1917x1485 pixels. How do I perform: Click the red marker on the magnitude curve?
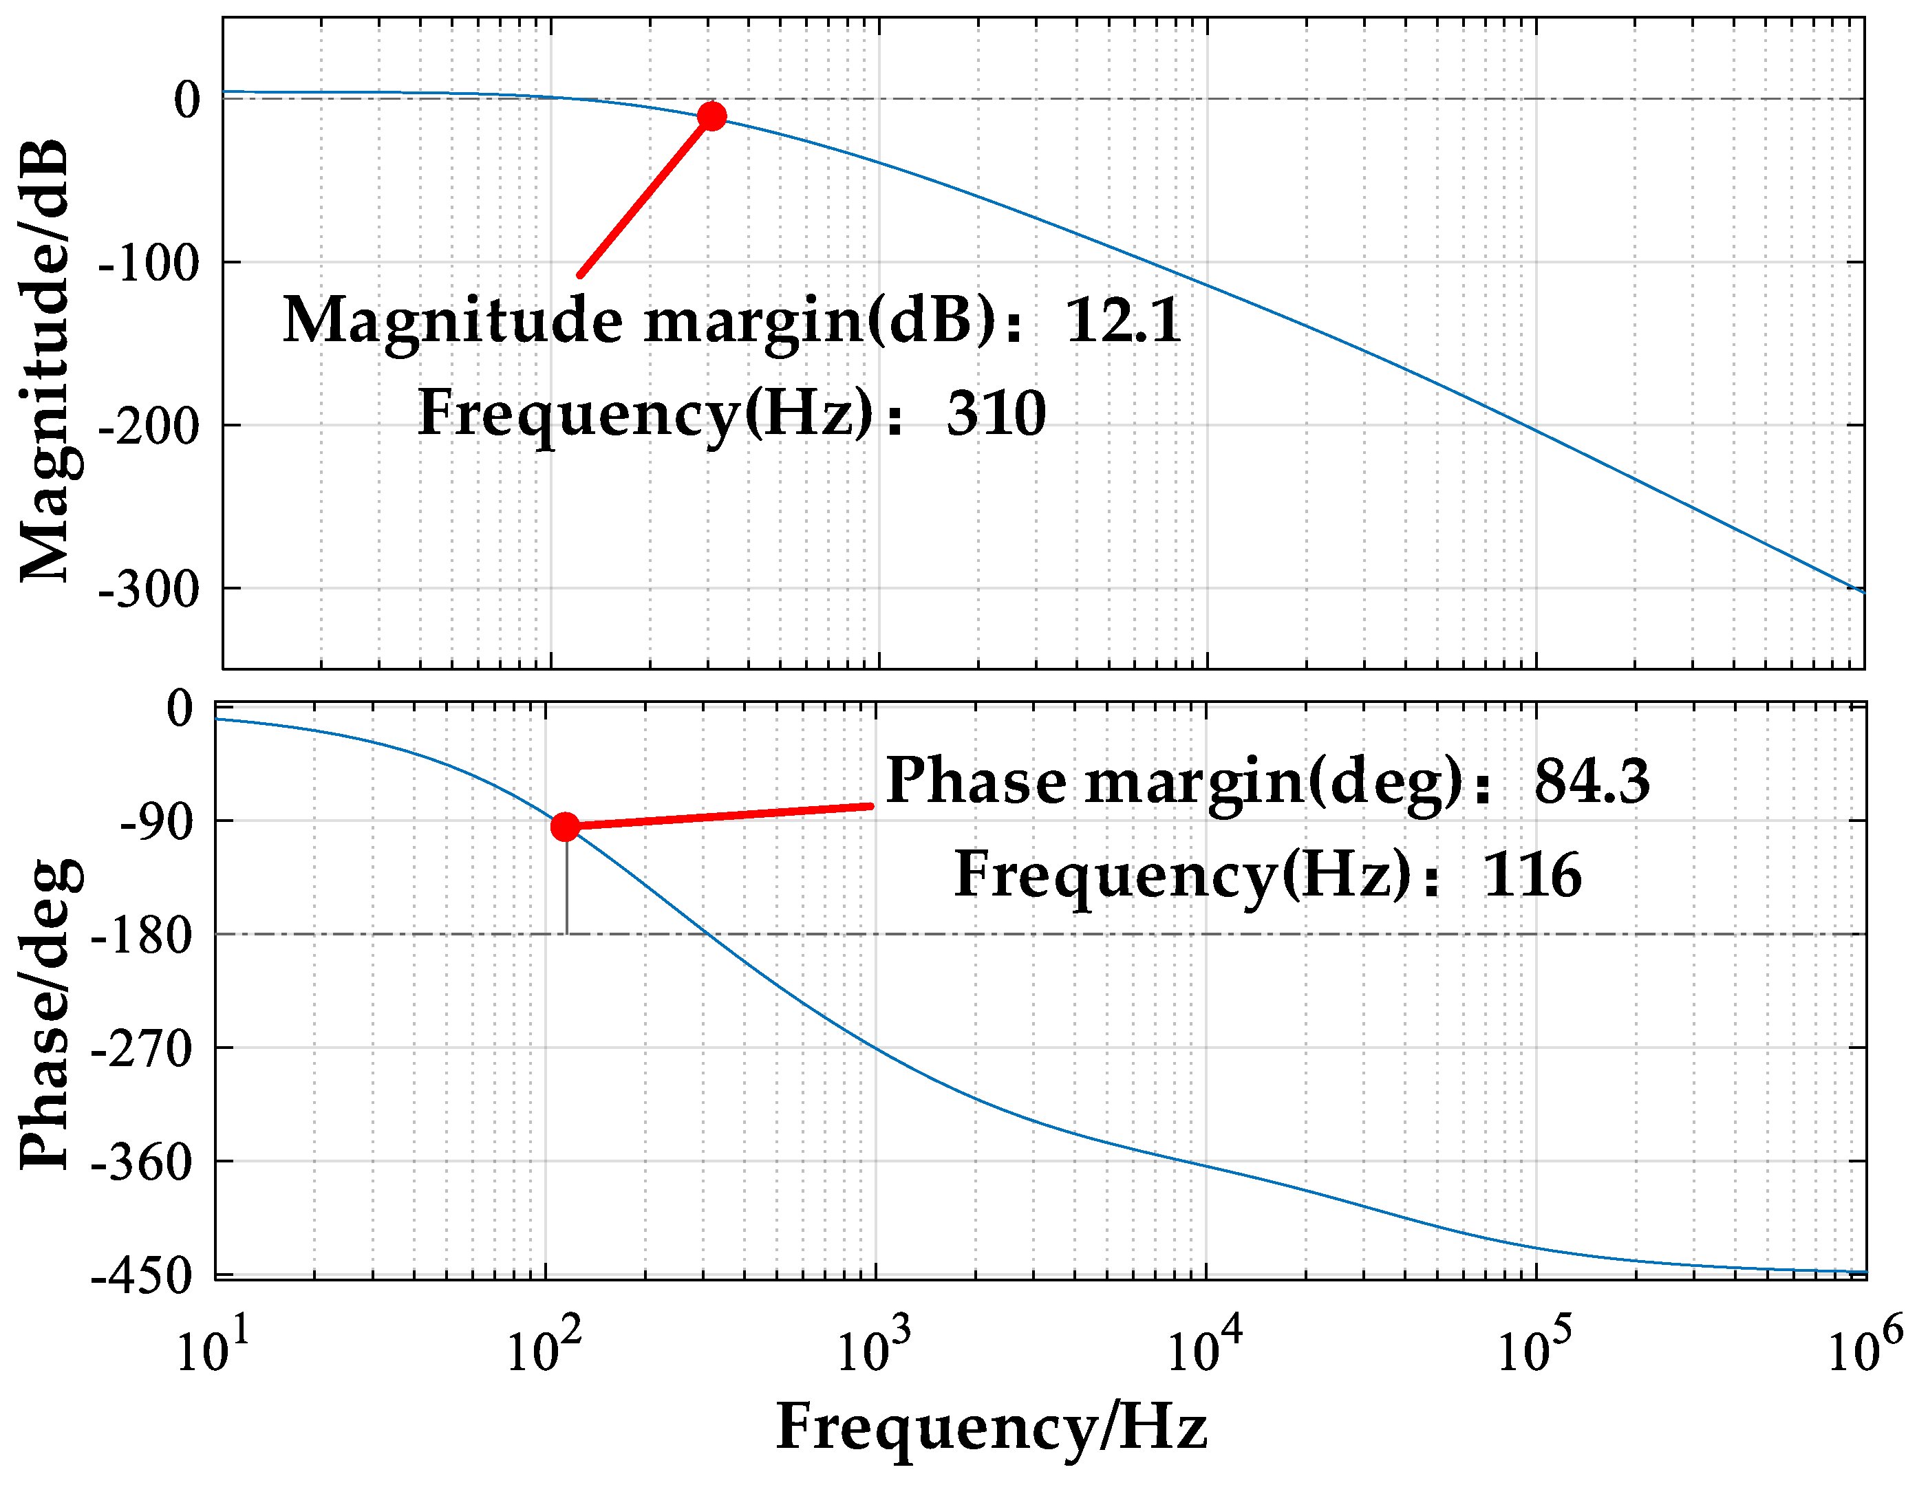pyautogui.click(x=711, y=116)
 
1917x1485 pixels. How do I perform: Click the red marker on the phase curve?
pyautogui.click(x=566, y=826)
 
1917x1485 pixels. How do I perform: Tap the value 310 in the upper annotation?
pyautogui.click(x=996, y=413)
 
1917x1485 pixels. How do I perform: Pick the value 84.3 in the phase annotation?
pyautogui.click(x=1592, y=781)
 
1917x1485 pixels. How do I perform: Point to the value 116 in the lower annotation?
pyautogui.click(x=1532, y=875)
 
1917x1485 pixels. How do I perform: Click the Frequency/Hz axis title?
pyautogui.click(x=992, y=1427)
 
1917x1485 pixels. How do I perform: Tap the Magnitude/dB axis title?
pyautogui.click(x=44, y=360)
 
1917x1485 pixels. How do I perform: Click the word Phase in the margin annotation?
pyautogui.click(x=975, y=781)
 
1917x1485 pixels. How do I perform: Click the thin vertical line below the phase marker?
pyautogui.click(x=567, y=887)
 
